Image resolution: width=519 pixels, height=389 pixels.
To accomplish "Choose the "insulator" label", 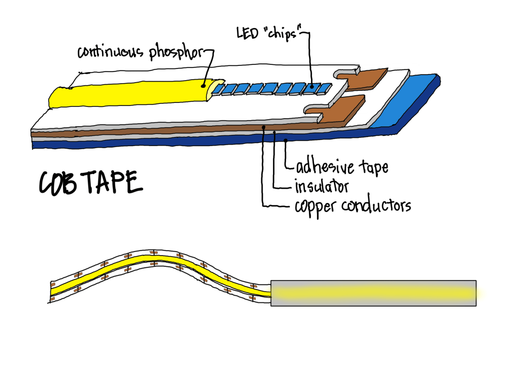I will [x=322, y=186].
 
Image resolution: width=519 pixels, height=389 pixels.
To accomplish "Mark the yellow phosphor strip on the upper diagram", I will [x=127, y=93].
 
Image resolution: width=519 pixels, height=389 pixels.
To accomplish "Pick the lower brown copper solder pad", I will [x=345, y=108].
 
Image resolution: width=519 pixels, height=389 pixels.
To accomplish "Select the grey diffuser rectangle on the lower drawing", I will [x=373, y=293].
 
